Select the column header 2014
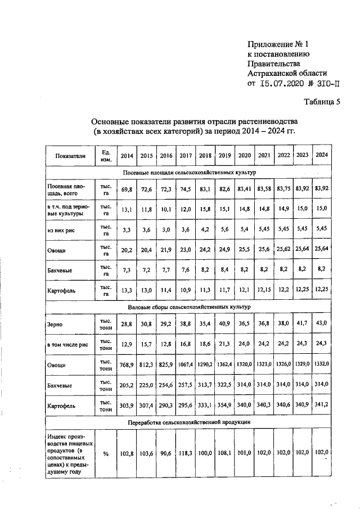coord(127,156)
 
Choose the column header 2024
coord(322,155)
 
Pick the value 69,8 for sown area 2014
coord(127,190)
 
